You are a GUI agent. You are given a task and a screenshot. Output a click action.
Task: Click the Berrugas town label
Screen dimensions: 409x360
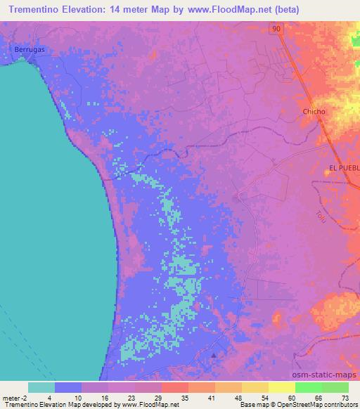point(30,50)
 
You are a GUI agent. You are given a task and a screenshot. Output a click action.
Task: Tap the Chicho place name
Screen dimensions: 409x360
point(314,112)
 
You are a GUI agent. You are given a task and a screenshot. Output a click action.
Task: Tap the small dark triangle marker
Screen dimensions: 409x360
point(215,354)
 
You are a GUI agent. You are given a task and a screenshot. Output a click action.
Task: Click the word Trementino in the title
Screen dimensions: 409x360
point(37,10)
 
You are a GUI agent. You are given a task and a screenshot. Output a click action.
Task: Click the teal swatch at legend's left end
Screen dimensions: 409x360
point(41,387)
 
